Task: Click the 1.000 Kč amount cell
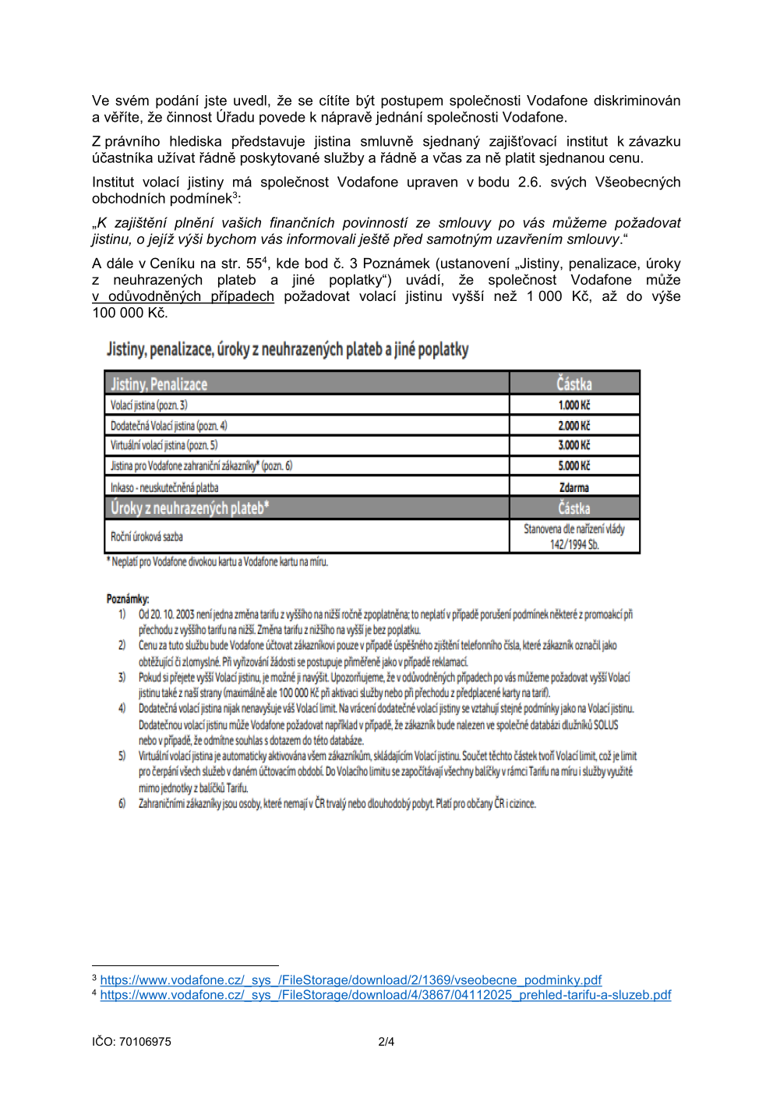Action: pyautogui.click(x=574, y=405)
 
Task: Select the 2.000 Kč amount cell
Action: pyautogui.click(x=574, y=426)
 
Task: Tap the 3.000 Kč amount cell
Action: pyautogui.click(x=574, y=445)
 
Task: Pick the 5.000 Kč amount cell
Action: pyautogui.click(x=574, y=466)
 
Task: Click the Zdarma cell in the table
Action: pyautogui.click(x=574, y=487)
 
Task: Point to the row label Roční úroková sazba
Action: pyautogui.click(x=146, y=536)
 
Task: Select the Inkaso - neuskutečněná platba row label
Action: pyautogui.click(x=164, y=487)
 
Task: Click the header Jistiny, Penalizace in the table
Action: pyautogui.click(x=159, y=384)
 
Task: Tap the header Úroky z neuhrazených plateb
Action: pyautogui.click(x=189, y=508)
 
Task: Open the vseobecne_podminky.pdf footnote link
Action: pyautogui.click(x=351, y=980)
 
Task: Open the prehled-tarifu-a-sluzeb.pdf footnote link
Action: pyautogui.click(x=386, y=995)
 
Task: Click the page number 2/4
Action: pyautogui.click(x=386, y=1042)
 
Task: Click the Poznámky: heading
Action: pyautogui.click(x=128, y=599)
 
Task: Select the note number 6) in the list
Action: pyautogui.click(x=122, y=803)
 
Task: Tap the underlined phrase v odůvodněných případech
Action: pyautogui.click(x=183, y=297)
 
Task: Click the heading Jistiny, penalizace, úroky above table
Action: pyautogui.click(x=288, y=349)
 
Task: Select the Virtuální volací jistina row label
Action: pyautogui.click(x=164, y=445)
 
